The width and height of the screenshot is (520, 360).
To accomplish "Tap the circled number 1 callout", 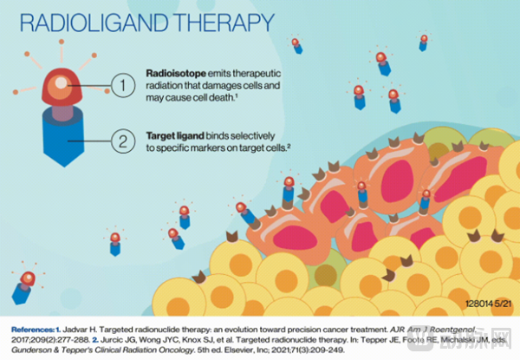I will [124, 84].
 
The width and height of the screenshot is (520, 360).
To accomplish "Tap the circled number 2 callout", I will [124, 139].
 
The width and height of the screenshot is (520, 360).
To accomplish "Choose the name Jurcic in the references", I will [60, 342].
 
